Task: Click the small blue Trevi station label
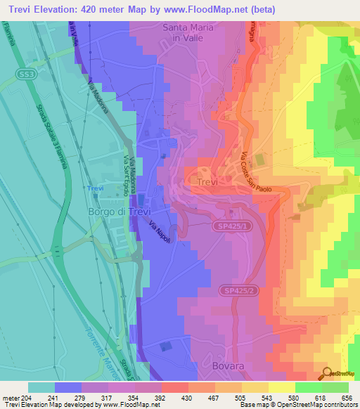tap(95, 189)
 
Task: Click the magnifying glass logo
tap(326, 373)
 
